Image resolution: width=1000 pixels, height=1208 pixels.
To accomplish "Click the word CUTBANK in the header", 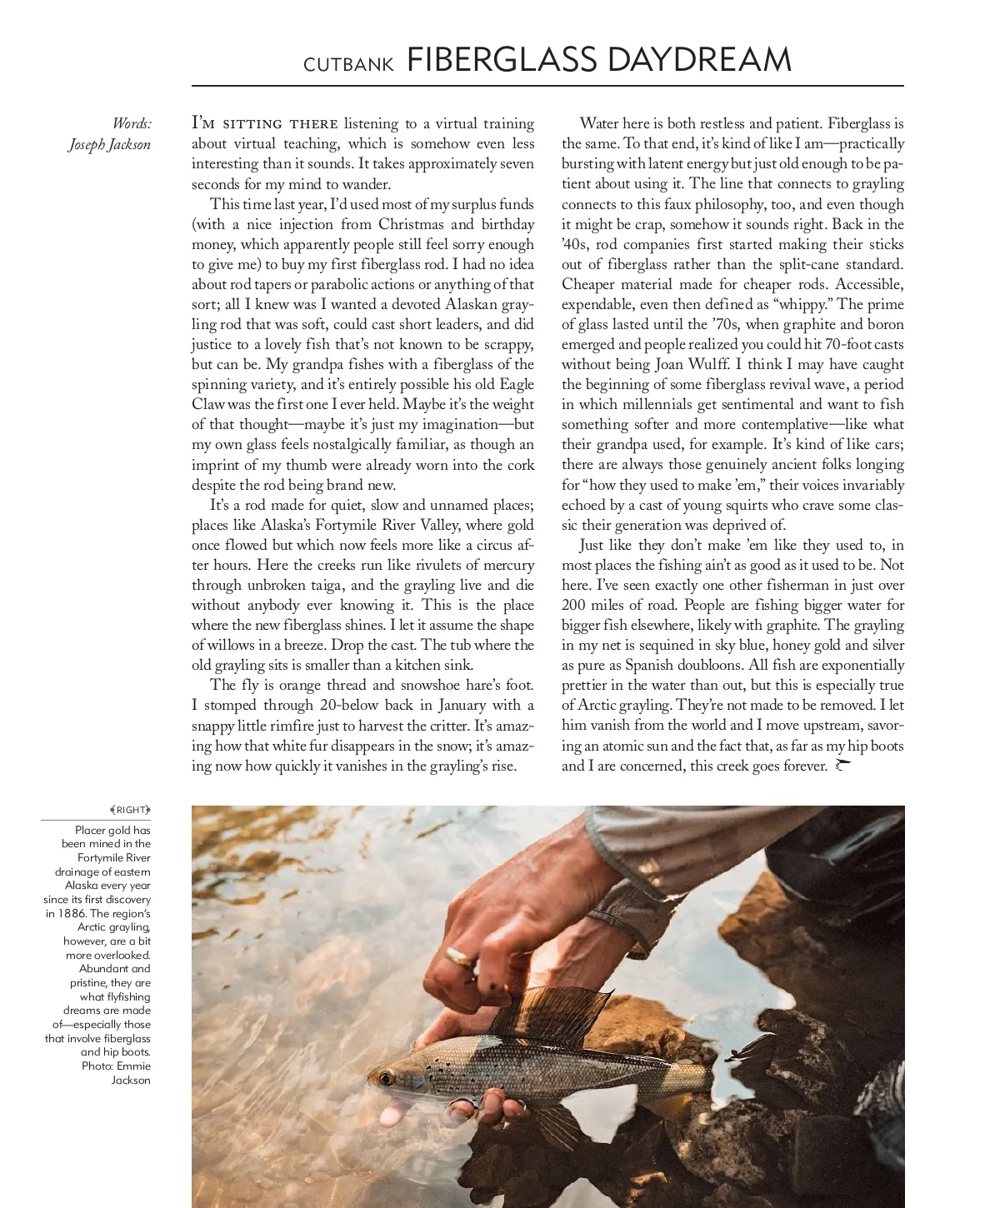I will [x=348, y=65].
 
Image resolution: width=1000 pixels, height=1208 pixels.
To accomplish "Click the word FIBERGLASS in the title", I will [x=502, y=60].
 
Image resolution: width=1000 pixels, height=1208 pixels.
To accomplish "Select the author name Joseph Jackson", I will [x=109, y=145].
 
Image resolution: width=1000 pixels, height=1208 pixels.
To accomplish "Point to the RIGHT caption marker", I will [x=131, y=810].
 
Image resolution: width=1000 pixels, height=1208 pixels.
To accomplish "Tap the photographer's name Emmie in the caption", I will [x=133, y=1066].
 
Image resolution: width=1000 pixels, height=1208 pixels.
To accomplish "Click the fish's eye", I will [x=385, y=1078].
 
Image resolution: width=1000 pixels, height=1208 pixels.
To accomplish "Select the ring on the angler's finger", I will [x=459, y=956].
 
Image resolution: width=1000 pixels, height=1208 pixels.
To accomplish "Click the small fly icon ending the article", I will [x=842, y=765].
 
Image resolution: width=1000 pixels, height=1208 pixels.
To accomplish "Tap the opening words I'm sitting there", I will [x=265, y=124].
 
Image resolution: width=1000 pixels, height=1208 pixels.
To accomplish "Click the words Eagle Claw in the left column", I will [x=517, y=384].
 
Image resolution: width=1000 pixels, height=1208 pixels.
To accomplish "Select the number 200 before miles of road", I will [x=573, y=605].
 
